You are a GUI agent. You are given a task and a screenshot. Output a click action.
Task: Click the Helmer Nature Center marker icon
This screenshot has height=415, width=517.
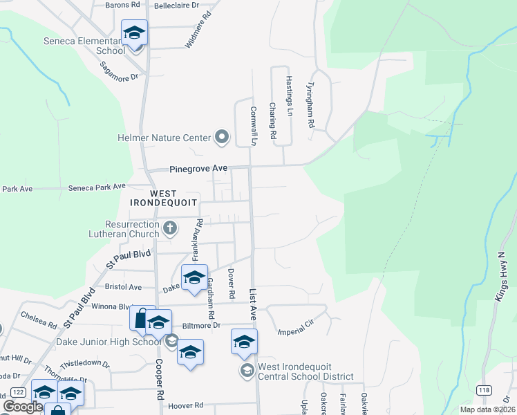[222, 138]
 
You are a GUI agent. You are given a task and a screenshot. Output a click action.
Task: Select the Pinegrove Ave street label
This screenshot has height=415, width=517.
[199, 168]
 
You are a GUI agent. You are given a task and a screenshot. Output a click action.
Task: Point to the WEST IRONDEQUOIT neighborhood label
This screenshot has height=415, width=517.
[163, 197]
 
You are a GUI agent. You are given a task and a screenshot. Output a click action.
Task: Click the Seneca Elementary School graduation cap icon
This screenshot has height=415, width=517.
[135, 33]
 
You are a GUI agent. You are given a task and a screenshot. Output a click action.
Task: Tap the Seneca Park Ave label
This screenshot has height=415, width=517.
[97, 187]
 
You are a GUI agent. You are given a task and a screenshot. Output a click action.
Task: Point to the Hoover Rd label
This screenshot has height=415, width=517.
[189, 405]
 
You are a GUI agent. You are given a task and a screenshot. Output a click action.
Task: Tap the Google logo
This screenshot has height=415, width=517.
[23, 407]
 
